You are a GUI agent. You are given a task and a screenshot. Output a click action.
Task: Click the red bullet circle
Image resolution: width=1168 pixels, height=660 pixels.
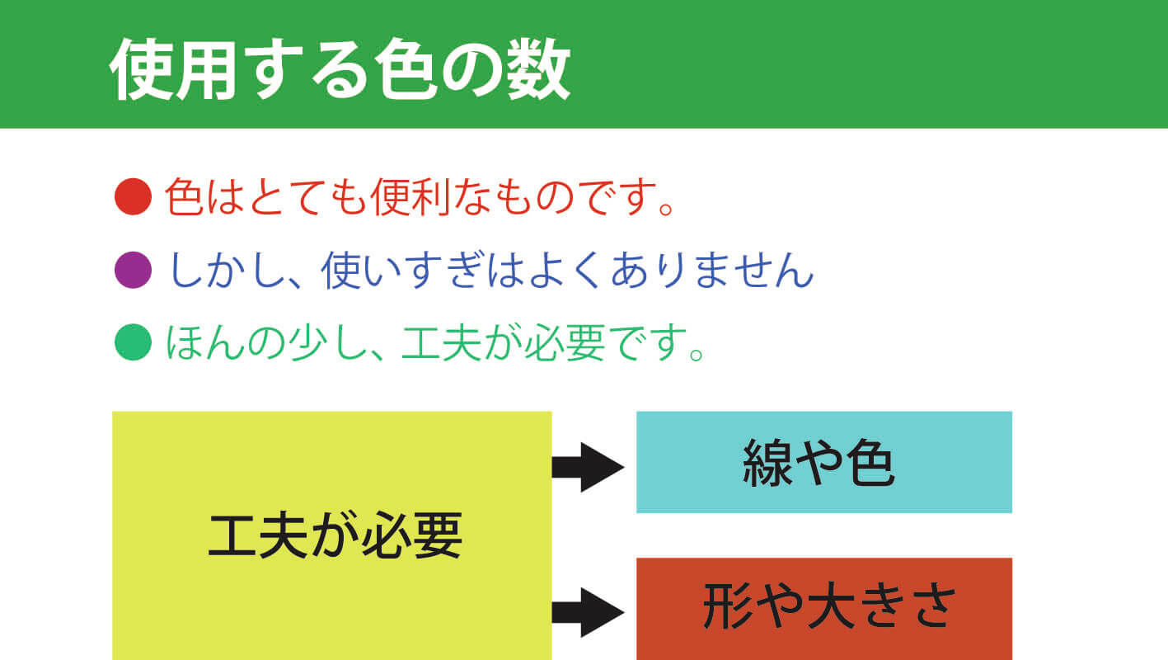click(133, 196)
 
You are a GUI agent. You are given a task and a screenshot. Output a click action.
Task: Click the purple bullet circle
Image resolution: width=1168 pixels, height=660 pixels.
click(133, 270)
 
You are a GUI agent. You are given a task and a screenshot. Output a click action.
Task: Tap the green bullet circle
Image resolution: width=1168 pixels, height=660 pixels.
click(133, 342)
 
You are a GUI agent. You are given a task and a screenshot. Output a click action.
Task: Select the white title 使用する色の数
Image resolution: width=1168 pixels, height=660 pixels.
click(340, 68)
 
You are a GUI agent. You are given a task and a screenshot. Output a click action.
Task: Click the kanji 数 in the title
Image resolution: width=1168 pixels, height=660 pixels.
click(538, 68)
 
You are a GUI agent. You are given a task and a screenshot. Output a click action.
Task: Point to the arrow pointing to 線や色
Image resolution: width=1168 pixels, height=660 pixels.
click(589, 467)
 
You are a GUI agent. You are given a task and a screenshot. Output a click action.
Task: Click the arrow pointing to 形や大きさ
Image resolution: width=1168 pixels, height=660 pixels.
click(589, 612)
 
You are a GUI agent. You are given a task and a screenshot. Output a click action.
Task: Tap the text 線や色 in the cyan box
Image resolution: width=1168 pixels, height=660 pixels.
click(819, 463)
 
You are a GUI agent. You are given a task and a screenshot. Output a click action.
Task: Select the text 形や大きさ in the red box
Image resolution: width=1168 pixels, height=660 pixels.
click(829, 606)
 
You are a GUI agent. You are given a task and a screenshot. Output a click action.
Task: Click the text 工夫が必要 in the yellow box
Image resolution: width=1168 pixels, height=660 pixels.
click(335, 535)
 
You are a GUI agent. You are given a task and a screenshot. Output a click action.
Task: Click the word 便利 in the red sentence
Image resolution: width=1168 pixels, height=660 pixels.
click(410, 196)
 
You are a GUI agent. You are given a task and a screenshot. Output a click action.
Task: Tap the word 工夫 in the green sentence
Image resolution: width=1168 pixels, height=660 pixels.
click(441, 342)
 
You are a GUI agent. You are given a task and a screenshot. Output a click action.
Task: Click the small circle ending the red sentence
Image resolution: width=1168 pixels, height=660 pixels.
click(666, 208)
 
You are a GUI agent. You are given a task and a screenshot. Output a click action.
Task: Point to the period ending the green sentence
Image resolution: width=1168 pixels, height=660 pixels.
click(697, 354)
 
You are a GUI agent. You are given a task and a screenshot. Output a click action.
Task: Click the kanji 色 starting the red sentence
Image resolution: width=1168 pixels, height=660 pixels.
click(184, 196)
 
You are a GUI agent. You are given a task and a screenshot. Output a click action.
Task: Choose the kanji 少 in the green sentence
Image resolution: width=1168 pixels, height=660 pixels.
click(307, 342)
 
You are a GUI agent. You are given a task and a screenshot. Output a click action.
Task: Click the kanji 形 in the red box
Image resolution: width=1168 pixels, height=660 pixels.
click(727, 606)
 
